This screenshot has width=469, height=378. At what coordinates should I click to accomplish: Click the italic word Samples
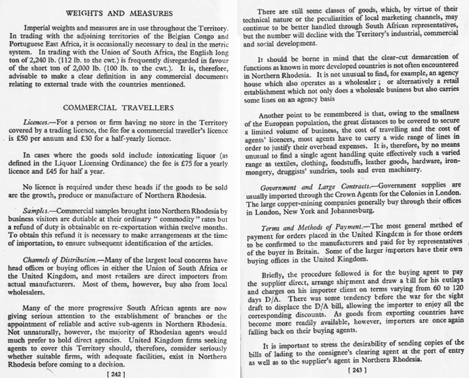tap(38, 211)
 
